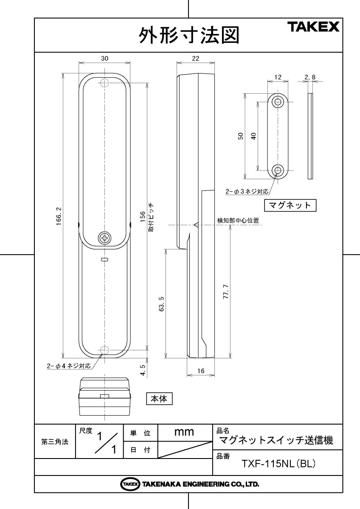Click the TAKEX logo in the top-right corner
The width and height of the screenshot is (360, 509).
tap(314, 27)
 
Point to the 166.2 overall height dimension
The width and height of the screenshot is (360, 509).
tap(59, 216)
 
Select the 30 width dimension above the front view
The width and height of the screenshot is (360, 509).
tap(104, 59)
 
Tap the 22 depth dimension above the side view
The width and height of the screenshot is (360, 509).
tap(195, 59)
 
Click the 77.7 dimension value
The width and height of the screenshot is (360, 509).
tap(226, 293)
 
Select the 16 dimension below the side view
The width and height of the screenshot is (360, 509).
tap(201, 371)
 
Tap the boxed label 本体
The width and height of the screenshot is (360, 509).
tap(160, 399)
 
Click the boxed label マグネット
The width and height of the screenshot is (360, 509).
tap(291, 205)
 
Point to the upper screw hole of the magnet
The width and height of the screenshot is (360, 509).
tap(278, 102)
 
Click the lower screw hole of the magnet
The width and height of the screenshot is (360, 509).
tap(278, 171)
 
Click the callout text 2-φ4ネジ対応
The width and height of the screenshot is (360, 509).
tap(69, 365)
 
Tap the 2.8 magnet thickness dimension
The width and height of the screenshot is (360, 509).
tap(310, 77)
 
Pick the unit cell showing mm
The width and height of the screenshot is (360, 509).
tap(184, 433)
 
